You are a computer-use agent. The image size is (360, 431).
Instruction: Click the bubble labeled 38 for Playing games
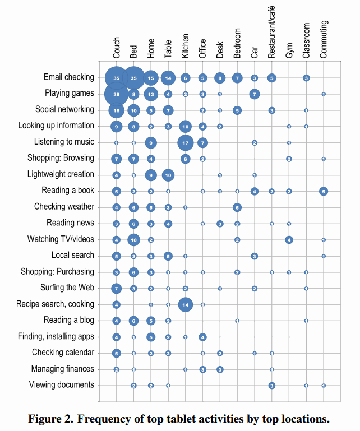116,94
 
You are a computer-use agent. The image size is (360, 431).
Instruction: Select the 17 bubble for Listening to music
186,143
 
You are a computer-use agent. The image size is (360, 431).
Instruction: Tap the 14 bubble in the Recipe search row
186,304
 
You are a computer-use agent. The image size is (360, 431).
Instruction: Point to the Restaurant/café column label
271,37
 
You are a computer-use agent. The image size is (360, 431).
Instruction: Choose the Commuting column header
324,39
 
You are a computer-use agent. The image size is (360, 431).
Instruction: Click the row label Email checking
69,77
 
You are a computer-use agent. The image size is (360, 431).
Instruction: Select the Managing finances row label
63,369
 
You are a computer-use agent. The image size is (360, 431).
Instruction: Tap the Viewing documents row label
64,385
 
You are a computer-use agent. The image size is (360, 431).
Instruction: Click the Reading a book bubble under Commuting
324,191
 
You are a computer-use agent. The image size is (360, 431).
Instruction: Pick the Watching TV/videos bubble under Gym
289,240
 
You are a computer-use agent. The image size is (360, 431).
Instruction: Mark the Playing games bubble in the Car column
255,94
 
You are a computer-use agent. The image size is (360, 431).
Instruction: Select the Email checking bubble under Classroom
306,78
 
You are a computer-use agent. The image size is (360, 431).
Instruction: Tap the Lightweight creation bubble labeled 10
168,175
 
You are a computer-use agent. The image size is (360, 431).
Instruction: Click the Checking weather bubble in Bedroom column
237,207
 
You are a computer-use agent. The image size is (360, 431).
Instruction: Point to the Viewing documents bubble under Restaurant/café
271,385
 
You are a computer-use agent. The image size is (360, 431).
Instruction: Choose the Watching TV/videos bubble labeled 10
133,240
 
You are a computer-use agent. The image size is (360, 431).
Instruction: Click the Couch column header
117,48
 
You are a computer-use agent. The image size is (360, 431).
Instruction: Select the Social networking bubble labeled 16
116,110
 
